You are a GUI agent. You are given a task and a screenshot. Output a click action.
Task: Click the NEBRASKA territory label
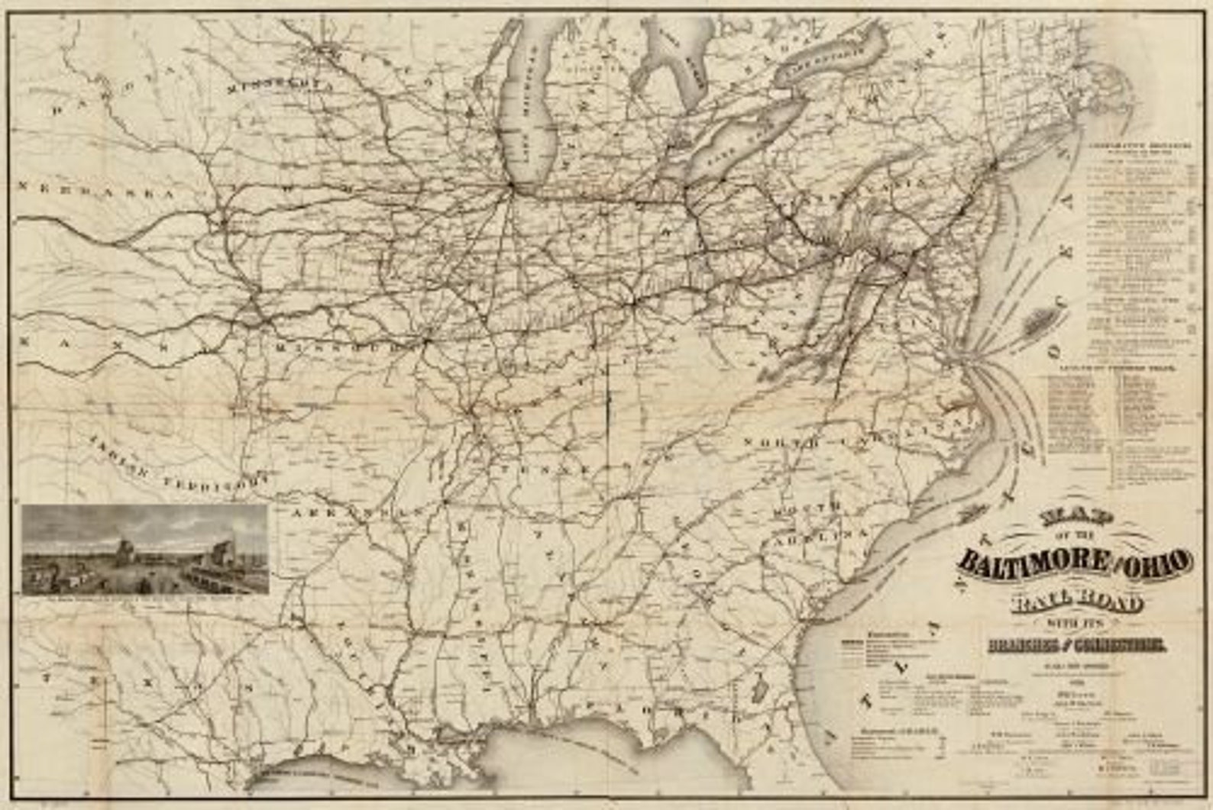pyautogui.click(x=97, y=192)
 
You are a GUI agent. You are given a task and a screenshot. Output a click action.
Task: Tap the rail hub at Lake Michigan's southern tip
pyautogui.click(x=509, y=184)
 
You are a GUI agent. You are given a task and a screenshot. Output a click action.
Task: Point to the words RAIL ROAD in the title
pyautogui.click(x=1076, y=603)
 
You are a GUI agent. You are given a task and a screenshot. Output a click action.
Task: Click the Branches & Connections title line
pyautogui.click(x=1076, y=646)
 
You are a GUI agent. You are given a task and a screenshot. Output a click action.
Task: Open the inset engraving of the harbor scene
pyautogui.click(x=145, y=548)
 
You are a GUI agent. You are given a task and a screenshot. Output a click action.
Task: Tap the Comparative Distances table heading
pyautogui.click(x=1140, y=145)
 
